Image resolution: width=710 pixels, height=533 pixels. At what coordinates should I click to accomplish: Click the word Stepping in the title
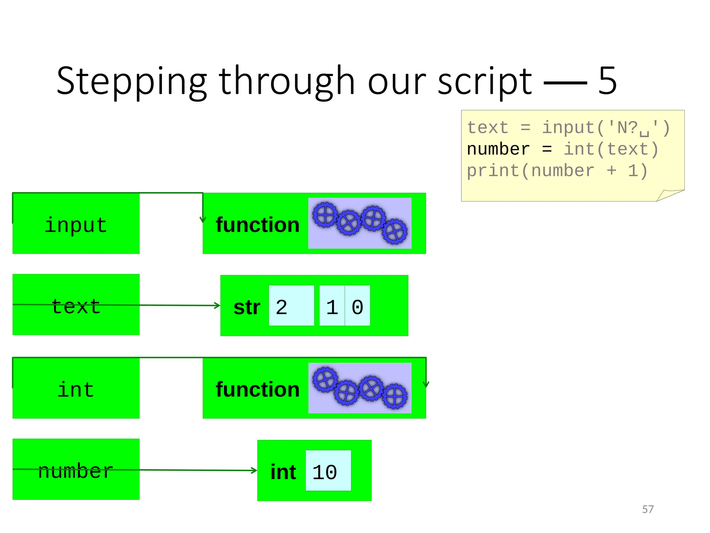click(131, 82)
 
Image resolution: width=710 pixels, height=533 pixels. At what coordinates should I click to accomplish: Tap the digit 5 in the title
click(607, 81)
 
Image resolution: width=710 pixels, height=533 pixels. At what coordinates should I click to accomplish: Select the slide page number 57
click(648, 509)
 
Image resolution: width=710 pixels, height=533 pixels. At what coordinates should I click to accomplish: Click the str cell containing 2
click(291, 306)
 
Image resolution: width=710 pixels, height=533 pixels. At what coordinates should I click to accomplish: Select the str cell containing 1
click(332, 306)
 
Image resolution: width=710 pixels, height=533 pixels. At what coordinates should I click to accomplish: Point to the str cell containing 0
click(357, 306)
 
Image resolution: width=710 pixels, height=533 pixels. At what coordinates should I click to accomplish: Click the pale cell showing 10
click(328, 471)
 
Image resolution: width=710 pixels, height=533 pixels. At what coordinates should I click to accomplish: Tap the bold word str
click(246, 307)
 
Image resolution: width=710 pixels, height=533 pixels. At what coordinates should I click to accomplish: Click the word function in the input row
click(257, 225)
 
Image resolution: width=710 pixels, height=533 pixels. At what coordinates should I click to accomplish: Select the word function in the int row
click(257, 389)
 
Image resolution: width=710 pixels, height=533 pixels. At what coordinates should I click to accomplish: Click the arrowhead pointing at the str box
click(217, 305)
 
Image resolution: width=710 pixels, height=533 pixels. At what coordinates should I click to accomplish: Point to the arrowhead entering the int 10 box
click(254, 471)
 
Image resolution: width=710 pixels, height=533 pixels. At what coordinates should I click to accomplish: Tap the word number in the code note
click(498, 150)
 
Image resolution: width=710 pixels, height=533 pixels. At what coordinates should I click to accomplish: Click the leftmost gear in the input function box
click(325, 215)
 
